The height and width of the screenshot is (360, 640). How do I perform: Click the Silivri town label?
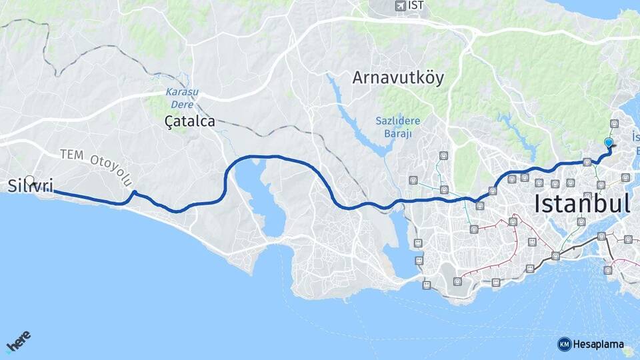[x=30, y=186]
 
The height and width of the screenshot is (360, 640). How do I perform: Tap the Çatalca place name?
[x=190, y=121]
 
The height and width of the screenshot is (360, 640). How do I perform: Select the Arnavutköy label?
[x=398, y=77]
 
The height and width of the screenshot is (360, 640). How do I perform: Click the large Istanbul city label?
[x=581, y=203]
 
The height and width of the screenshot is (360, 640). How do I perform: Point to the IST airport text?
[x=416, y=6]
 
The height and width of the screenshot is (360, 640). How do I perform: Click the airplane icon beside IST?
[x=400, y=6]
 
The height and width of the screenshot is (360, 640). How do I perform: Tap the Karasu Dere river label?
[x=182, y=99]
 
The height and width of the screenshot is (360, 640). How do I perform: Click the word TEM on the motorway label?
[x=72, y=154]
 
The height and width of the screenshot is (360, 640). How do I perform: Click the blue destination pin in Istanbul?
[x=608, y=143]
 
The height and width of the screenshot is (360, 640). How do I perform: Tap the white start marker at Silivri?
[x=30, y=180]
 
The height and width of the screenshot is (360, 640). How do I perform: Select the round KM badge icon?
[x=564, y=344]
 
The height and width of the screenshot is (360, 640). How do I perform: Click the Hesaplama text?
[x=599, y=345]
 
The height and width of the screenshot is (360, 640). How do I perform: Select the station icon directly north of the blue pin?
[x=614, y=123]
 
